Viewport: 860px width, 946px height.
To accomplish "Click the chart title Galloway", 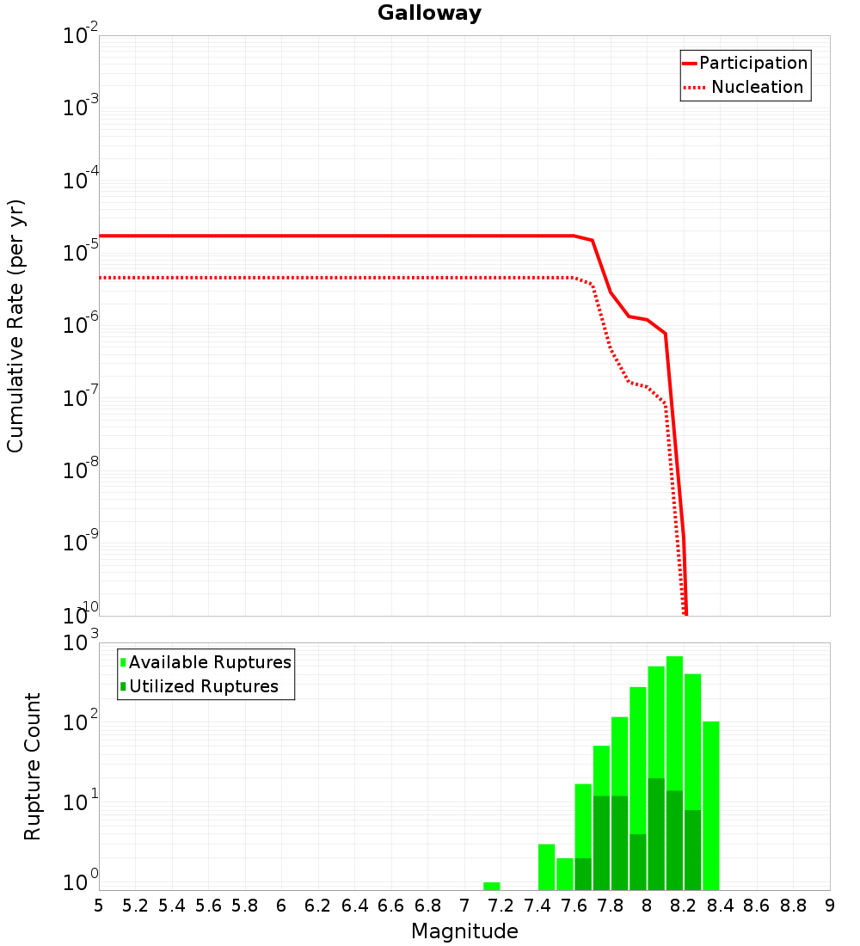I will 429,13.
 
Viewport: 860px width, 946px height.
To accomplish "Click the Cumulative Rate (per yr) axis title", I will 15,326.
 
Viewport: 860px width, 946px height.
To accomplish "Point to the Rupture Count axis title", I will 33,766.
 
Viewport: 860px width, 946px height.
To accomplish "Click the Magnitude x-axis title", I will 464,931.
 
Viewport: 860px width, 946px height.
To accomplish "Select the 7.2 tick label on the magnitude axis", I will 501,906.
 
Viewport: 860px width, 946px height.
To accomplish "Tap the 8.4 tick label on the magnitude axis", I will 720,906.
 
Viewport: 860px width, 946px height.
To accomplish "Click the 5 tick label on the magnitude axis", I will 99,906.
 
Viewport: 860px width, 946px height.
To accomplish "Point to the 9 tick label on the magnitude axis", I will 830,906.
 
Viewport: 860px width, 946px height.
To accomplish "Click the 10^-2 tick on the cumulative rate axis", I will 81,36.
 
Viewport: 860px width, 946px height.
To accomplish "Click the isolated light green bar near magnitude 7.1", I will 491,886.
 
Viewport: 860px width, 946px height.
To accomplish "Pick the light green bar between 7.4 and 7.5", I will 546,867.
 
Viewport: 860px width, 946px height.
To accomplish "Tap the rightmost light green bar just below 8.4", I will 710,805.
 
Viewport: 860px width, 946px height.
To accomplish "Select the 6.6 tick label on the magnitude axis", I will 391,906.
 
